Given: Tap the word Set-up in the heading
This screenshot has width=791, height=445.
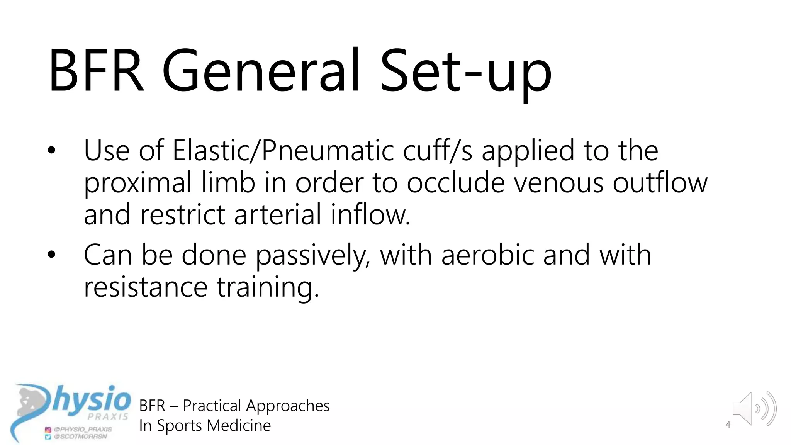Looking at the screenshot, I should pos(466,73).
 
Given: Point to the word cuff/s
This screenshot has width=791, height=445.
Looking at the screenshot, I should pos(438,151).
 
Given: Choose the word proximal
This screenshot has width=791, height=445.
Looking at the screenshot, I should pos(137,183).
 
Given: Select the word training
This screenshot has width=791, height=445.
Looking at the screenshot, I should pos(268,288).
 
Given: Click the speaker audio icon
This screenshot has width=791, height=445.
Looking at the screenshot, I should pos(754,409).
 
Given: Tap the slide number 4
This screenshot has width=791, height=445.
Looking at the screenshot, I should pos(728,425).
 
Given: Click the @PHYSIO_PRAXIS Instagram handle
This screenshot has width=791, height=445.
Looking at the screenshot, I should pos(83,429).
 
